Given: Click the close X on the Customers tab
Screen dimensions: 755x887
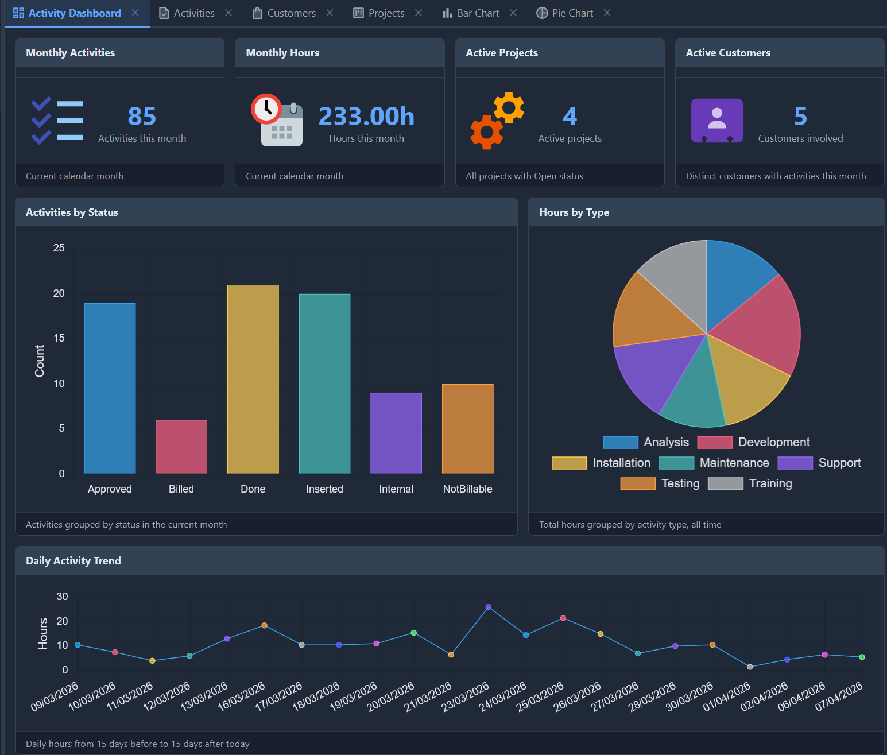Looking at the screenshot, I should tap(330, 13).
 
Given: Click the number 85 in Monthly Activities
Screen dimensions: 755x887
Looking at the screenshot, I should tap(142, 117).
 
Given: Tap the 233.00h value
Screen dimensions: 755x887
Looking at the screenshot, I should tap(366, 117).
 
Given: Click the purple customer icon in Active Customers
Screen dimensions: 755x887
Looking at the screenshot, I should tap(716, 121).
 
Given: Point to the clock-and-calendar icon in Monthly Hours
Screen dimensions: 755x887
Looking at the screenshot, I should tap(277, 120).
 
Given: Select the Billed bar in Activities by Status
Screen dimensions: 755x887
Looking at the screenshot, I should tap(181, 446).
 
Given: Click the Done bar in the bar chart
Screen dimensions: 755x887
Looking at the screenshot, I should tap(253, 379).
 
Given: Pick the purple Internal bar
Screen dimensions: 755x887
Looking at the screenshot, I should tap(396, 433).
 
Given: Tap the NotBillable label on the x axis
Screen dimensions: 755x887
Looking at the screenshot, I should tap(467, 489).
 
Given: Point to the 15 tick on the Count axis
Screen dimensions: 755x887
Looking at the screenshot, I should tap(59, 338).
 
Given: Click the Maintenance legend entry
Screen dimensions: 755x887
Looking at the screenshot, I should tap(715, 463).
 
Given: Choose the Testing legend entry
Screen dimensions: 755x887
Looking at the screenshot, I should tap(660, 483).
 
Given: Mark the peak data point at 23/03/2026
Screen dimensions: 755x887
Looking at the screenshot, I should tap(489, 607).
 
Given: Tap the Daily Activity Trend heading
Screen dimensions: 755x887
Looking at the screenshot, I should tap(73, 561).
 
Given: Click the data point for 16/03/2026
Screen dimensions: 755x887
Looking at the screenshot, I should tap(264, 625).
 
